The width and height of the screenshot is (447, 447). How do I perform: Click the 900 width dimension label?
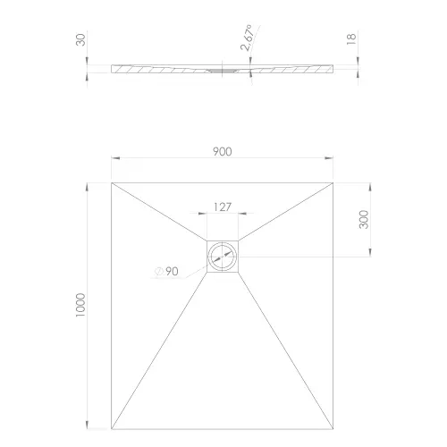coord(223,151)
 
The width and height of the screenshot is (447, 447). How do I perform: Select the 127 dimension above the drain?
coord(222,207)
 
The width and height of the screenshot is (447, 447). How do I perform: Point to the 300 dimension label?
coord(364,219)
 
